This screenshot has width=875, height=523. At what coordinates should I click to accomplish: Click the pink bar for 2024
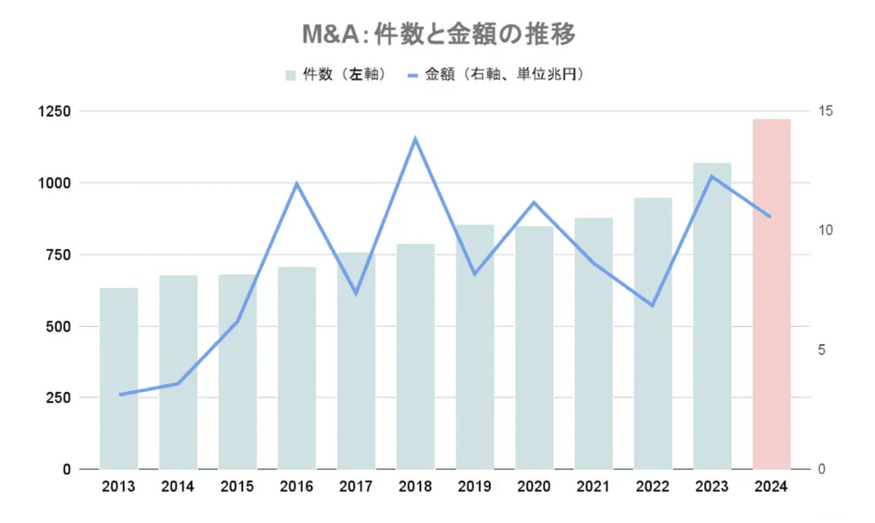(x=771, y=294)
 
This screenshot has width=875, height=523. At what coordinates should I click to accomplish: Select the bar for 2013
(x=118, y=378)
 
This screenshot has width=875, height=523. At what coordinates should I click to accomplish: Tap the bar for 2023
(x=712, y=316)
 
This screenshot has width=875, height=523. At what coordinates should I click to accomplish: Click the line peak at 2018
(x=415, y=139)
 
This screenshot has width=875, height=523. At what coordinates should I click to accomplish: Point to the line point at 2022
(x=652, y=305)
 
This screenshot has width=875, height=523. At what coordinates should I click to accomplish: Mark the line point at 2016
(x=296, y=183)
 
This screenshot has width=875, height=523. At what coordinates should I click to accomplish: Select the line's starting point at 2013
(x=119, y=395)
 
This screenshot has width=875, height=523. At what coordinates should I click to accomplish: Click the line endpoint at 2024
(x=769, y=217)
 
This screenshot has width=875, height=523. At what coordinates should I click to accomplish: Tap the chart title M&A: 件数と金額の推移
(x=438, y=34)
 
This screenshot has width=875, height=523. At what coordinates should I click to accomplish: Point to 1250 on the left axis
(x=53, y=111)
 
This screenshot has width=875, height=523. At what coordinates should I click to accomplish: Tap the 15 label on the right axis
(x=826, y=111)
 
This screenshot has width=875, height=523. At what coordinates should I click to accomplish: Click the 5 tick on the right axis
(x=822, y=350)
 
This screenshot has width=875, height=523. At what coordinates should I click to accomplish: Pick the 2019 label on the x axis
(x=475, y=487)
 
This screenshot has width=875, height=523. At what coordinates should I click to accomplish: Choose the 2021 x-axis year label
(x=593, y=487)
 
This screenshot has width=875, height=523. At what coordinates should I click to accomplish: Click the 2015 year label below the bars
(x=237, y=487)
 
